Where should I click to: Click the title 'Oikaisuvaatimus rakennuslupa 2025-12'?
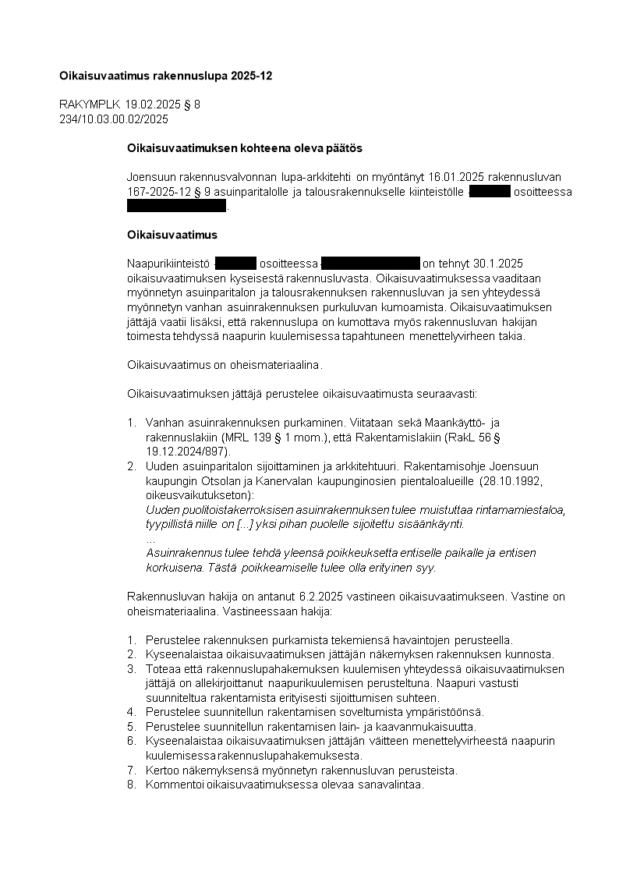pos(165,76)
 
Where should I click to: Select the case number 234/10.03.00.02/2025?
pos(114,119)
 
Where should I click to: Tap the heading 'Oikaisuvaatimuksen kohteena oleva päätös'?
pos(234,147)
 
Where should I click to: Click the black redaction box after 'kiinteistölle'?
pos(490,192)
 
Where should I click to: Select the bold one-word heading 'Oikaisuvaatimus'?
pos(172,235)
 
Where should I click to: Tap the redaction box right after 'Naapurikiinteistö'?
pos(235,264)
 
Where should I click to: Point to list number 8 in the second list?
pos(131,785)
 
